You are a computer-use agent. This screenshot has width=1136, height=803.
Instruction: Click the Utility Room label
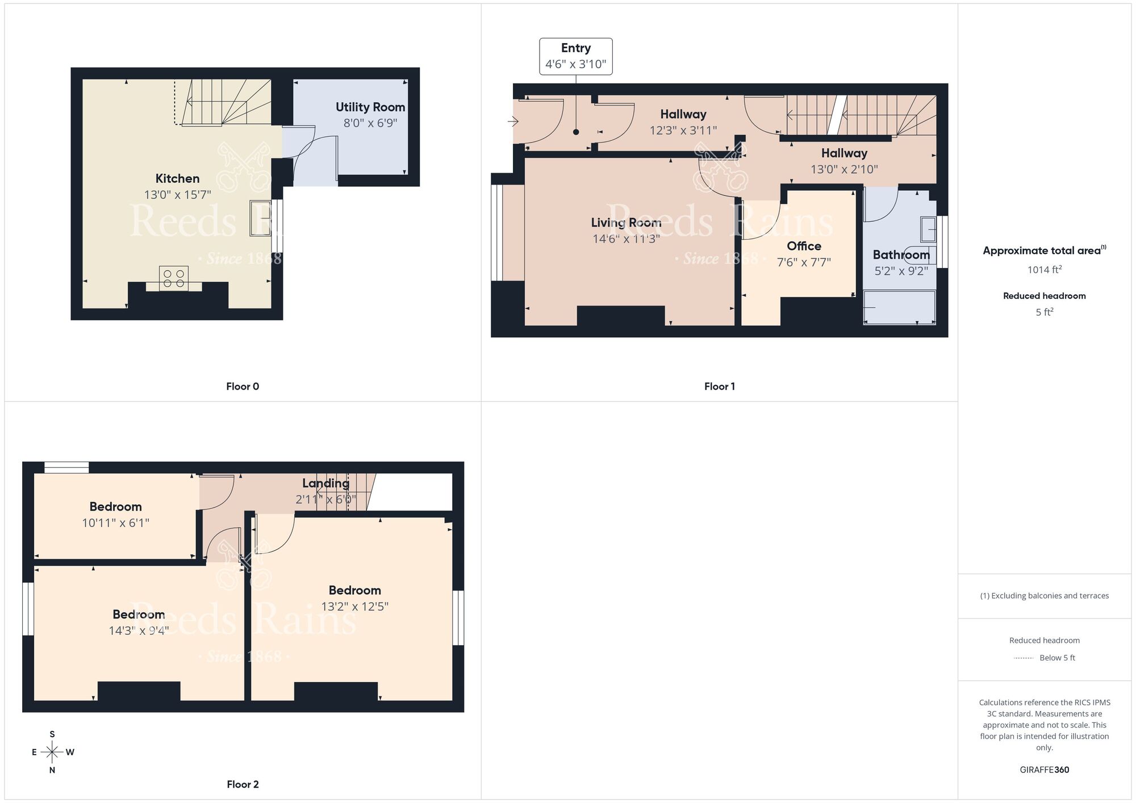(x=370, y=107)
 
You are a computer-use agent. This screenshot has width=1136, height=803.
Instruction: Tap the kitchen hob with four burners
(x=174, y=278)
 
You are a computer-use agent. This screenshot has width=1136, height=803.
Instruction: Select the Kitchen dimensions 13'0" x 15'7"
(x=177, y=195)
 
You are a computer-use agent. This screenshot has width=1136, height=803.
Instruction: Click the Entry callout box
(x=575, y=56)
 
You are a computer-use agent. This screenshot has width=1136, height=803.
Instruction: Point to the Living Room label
(x=626, y=223)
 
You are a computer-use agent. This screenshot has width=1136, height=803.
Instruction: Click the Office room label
(x=804, y=246)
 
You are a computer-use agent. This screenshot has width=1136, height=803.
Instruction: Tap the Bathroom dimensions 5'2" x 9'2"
(x=901, y=271)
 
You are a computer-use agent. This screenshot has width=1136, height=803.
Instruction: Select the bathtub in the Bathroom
(x=899, y=307)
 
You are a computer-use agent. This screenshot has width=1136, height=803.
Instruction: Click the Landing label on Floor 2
(x=325, y=483)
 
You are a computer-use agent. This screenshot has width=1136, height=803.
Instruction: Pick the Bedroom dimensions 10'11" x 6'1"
(x=115, y=523)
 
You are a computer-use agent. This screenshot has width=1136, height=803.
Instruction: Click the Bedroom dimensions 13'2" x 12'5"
(x=354, y=607)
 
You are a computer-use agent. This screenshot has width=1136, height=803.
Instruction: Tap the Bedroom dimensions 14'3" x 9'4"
(x=139, y=630)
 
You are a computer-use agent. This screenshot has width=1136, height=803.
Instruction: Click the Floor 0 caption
(x=243, y=386)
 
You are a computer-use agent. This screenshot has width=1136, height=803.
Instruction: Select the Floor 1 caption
(x=719, y=386)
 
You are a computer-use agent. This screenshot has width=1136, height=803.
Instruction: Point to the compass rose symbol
(x=52, y=752)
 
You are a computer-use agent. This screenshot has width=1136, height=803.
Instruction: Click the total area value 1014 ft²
(x=1044, y=270)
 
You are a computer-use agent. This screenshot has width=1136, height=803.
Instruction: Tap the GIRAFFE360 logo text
(x=1044, y=770)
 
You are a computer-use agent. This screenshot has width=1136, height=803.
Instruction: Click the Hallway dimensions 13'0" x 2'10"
(x=844, y=169)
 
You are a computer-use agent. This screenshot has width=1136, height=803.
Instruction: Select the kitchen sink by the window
(x=260, y=218)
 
